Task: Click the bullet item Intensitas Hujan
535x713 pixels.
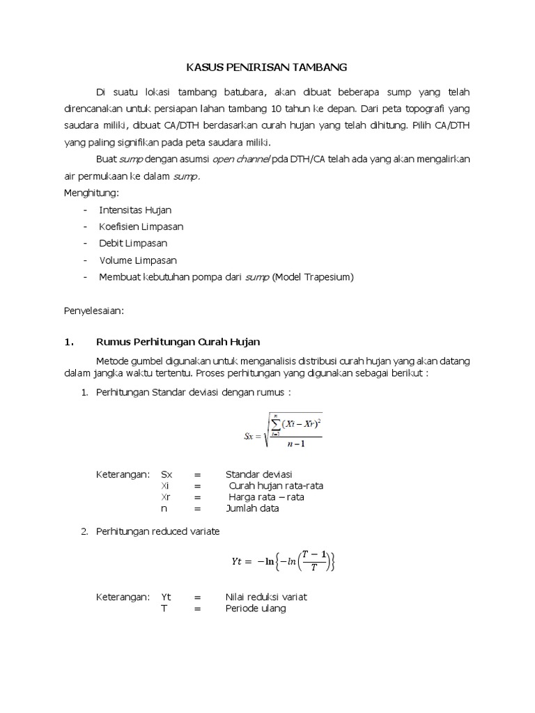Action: coord(135,210)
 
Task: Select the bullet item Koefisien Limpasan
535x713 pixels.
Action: coord(141,226)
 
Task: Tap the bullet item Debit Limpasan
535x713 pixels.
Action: coord(133,243)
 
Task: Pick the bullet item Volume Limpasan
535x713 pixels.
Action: coord(138,260)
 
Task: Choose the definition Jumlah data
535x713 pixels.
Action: coord(252,508)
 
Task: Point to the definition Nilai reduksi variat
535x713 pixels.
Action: coord(266,597)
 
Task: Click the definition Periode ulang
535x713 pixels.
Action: coord(256,608)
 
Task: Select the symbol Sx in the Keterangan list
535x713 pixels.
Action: coord(166,474)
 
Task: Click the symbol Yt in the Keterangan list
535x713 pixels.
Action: coord(166,597)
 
